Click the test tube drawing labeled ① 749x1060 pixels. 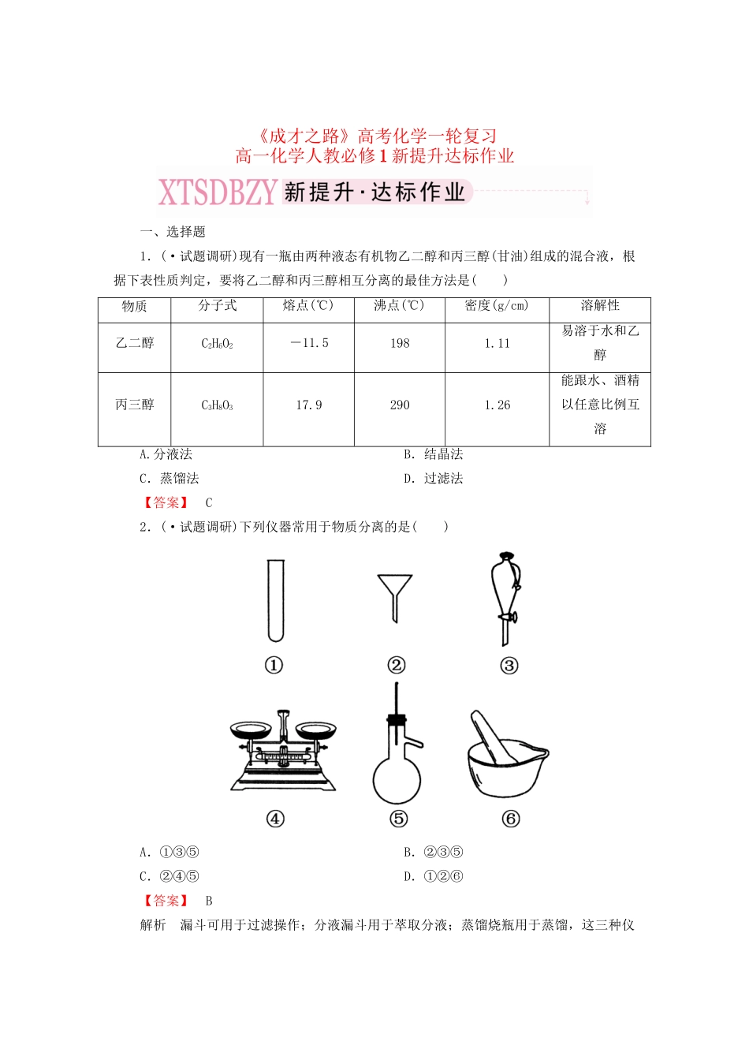point(274,600)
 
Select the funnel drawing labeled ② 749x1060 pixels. point(394,595)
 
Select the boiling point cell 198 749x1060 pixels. point(400,343)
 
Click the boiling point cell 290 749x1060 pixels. point(400,405)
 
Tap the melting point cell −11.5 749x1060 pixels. point(309,343)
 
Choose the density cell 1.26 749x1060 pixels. point(497,405)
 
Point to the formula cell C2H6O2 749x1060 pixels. point(217,343)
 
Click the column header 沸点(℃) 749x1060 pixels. point(399,306)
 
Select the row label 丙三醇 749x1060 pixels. point(134,405)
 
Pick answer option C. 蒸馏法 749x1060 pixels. point(169,478)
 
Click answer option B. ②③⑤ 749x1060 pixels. point(433,852)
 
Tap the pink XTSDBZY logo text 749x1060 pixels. point(218,192)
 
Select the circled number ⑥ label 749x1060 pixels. point(510,819)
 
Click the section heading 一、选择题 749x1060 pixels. point(172,232)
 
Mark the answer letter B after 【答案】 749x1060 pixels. point(209,901)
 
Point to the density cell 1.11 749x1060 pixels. point(497,343)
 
